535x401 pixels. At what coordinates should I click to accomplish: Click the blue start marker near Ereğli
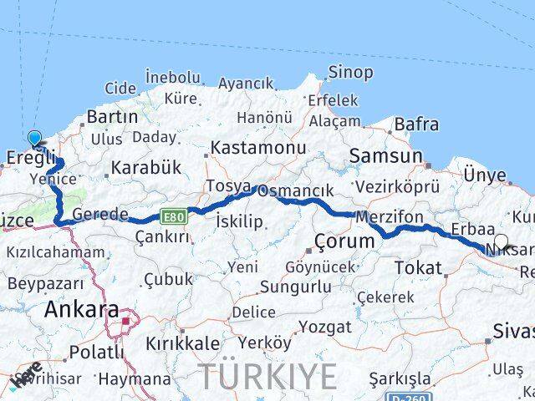tap(34, 139)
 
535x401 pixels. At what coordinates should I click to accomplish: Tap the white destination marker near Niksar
tap(500, 242)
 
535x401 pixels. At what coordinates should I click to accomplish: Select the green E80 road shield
tap(174, 217)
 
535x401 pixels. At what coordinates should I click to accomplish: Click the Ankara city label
tap(81, 309)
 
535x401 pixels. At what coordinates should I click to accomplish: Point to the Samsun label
tap(385, 155)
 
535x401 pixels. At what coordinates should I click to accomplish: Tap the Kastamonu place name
tap(257, 147)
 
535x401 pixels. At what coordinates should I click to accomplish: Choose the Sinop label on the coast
tap(350, 73)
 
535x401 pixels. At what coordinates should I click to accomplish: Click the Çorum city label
tap(344, 242)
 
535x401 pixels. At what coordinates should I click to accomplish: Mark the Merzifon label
tap(389, 216)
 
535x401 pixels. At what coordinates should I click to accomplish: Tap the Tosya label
tap(227, 185)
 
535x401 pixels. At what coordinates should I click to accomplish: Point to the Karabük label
tap(145, 167)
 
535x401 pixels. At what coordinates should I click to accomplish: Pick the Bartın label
tap(111, 117)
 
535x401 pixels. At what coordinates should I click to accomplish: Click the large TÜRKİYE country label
tap(267, 377)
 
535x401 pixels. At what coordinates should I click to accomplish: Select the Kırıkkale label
tap(182, 343)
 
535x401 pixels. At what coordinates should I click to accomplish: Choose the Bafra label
tap(416, 124)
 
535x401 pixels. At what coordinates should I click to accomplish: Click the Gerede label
tap(99, 215)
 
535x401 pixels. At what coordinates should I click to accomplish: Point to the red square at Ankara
tap(126, 320)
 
